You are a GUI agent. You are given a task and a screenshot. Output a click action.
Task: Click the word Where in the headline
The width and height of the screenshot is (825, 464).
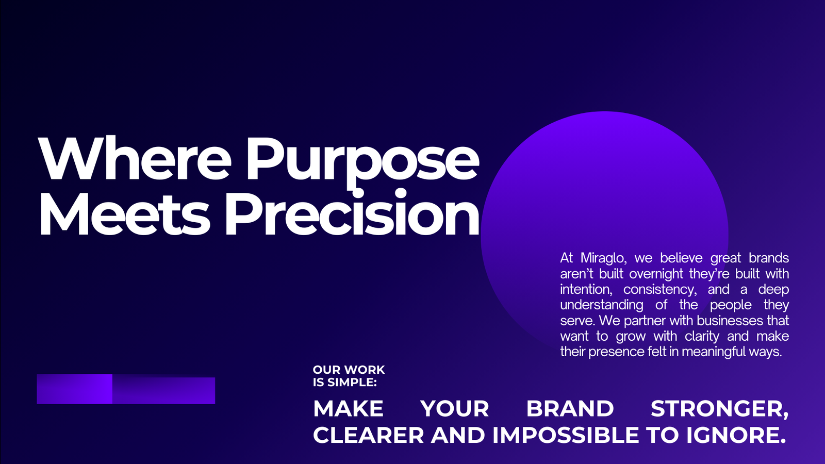coord(135,158)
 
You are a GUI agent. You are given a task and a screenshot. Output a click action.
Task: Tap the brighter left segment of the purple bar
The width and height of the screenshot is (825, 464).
coord(74,389)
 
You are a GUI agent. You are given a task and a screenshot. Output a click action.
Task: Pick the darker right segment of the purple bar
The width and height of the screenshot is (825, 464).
coord(163,390)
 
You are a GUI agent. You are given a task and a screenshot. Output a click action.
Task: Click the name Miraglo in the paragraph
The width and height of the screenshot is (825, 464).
coord(604,258)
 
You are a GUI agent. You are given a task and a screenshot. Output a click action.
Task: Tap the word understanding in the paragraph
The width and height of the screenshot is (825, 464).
coord(602,305)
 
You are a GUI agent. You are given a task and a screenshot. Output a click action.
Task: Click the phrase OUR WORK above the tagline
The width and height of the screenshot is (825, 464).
coord(349,369)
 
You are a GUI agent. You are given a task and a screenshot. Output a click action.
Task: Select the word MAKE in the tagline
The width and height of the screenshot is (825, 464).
coord(348,408)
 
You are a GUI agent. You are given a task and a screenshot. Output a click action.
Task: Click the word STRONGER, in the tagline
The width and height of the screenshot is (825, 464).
coord(720,409)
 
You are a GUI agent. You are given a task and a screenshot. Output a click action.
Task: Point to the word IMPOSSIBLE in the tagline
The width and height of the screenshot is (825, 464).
coord(565,435)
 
